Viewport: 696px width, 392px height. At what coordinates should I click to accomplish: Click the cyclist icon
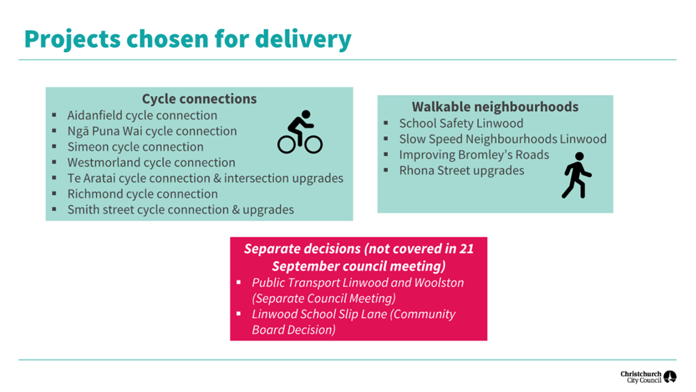coord(300,132)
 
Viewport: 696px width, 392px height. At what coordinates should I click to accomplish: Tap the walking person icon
coord(576,176)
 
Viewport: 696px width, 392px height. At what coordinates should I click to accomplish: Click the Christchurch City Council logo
coord(648,377)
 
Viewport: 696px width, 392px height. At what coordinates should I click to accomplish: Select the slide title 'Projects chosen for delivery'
coord(188,39)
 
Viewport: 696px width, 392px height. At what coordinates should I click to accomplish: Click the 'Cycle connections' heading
coord(199,99)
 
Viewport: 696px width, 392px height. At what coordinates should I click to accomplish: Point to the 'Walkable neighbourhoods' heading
coord(495,107)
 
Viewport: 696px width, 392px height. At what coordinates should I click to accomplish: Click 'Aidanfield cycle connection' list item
coord(142,115)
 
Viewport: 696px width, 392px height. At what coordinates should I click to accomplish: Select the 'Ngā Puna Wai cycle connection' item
coord(152,131)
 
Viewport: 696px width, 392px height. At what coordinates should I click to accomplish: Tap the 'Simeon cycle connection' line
coord(135,146)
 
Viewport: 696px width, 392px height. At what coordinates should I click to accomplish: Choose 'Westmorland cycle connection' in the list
coord(151,162)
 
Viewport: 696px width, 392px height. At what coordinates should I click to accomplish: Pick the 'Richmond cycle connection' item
coord(142,194)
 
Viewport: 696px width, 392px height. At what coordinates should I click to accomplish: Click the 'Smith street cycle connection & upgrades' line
coord(180,210)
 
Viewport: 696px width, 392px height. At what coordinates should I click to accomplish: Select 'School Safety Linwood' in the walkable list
coord(461,123)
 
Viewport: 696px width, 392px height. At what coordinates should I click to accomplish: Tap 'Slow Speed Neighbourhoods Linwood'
coord(502,139)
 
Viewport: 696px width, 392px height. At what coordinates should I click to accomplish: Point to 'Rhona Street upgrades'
coord(461,171)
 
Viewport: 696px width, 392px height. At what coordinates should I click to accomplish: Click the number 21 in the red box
coord(466,248)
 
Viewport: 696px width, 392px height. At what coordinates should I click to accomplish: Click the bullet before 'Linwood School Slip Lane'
coord(239,314)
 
